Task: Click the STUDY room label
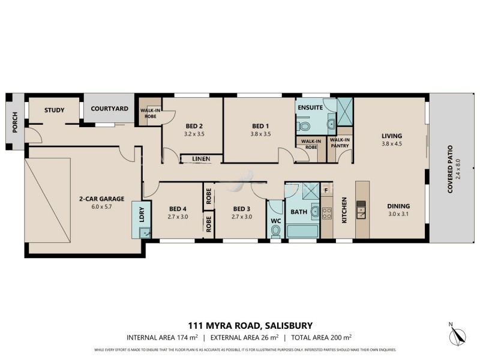tap(55, 110)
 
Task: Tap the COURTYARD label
tap(109, 109)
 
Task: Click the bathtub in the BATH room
tap(303, 230)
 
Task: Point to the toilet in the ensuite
tap(304, 127)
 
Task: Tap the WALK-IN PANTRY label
tap(340, 143)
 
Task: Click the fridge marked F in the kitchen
tap(326, 191)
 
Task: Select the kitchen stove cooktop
tap(326, 212)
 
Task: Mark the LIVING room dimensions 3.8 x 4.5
tap(391, 144)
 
